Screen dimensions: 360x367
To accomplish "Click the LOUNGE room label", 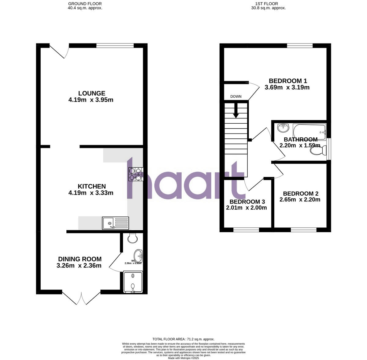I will [x=91, y=93].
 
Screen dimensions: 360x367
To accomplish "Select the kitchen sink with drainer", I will [x=116, y=223].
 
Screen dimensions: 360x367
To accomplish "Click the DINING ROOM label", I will [x=80, y=259].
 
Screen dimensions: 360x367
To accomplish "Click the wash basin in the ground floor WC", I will [x=138, y=255].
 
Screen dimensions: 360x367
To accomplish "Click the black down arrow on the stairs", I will [x=236, y=111].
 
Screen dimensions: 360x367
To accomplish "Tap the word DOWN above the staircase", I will [x=236, y=96].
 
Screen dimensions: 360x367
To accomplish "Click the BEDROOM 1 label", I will [x=288, y=81].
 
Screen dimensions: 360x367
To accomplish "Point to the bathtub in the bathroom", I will [x=309, y=131].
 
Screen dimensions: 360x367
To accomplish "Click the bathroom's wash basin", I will [x=283, y=127].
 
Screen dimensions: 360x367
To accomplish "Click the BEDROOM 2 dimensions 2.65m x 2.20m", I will [x=300, y=200].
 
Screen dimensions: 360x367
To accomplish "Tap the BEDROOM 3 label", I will [x=247, y=202].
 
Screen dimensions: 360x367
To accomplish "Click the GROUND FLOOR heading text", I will [x=85, y=4].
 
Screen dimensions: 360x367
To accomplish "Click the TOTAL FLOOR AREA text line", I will [x=183, y=339].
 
